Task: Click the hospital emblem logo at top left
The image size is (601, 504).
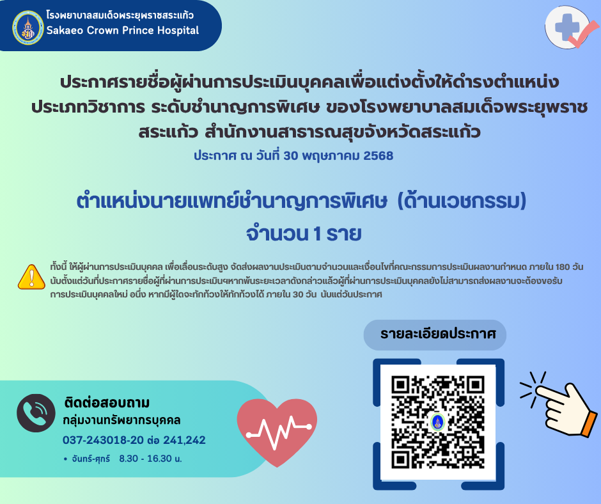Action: pos(28,28)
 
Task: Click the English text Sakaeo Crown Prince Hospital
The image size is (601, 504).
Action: pos(123,30)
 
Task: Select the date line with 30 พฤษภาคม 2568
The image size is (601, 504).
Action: pos(293,155)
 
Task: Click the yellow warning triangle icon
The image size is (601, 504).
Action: pos(31,276)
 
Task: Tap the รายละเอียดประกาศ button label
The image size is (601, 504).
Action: pos(438,334)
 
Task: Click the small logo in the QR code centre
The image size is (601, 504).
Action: pos(438,422)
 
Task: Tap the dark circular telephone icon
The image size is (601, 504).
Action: pos(36,413)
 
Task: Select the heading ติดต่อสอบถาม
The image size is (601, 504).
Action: pos(107,402)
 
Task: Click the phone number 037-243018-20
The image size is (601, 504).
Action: pos(103,440)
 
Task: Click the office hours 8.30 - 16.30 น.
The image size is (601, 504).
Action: pos(151,459)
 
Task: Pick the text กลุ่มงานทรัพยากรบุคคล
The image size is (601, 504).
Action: pos(122,420)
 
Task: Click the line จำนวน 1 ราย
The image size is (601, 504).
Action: pos(304,233)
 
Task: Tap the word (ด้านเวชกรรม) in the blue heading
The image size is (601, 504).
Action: pos(462,201)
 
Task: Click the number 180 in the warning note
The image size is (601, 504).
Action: pos(562,267)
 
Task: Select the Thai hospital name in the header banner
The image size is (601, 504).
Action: pos(120,15)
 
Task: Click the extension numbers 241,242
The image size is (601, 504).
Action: pos(185,440)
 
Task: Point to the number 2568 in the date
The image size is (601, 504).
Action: pos(379,155)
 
